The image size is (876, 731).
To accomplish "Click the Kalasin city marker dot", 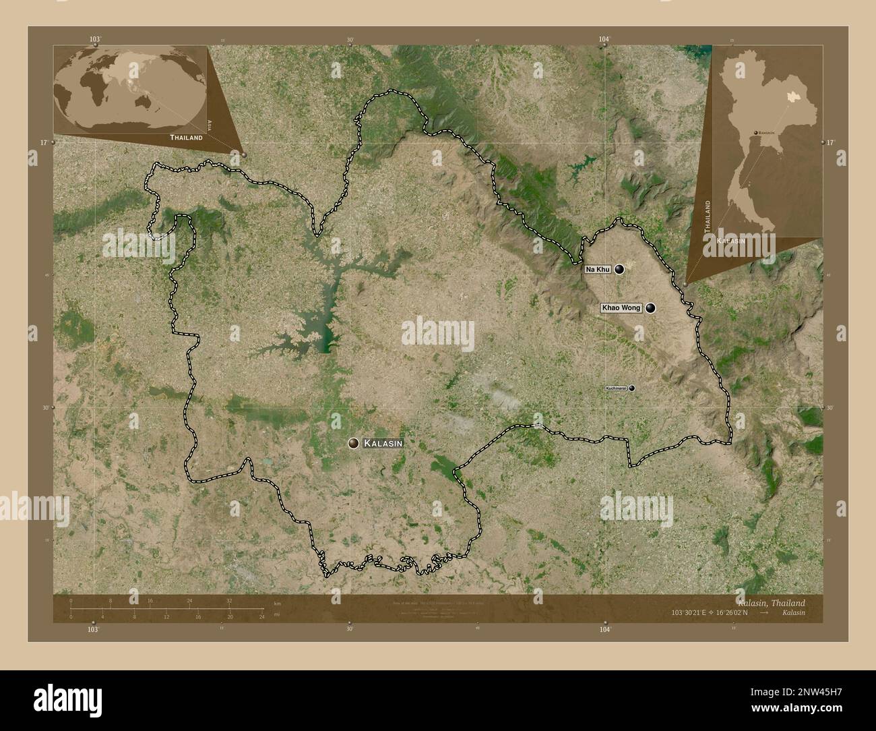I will click(353, 443).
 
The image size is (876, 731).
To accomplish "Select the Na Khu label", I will click(598, 270).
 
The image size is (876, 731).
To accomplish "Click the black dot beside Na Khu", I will click(619, 269).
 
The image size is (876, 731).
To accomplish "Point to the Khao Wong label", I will click(621, 308).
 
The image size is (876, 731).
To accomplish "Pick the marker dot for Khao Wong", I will click(650, 308).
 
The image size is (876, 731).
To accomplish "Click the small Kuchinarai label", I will click(616, 388).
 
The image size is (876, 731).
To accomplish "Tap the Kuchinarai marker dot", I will click(632, 388).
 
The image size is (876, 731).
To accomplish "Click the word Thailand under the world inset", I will click(186, 137).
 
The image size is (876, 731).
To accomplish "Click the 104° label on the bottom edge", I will click(605, 628).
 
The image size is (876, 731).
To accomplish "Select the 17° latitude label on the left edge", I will click(43, 143).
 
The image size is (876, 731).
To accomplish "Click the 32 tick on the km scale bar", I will click(229, 600).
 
